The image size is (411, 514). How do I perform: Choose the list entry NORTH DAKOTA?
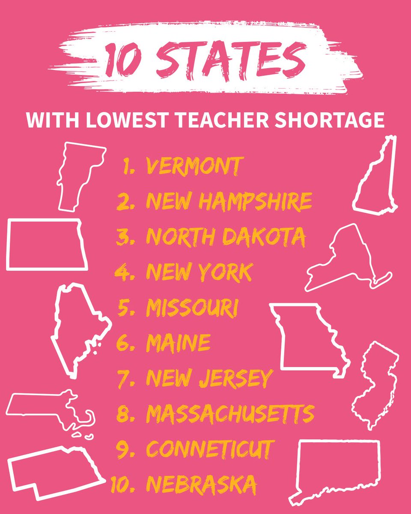226,236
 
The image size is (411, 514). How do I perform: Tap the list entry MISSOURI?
192,308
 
